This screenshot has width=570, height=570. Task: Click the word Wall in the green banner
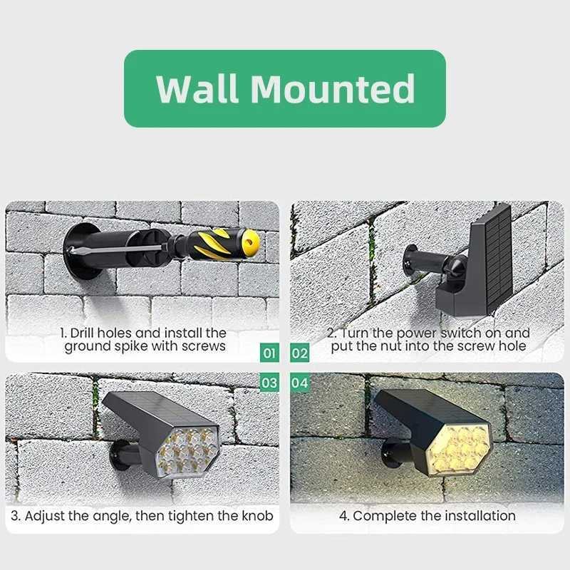[x=198, y=89]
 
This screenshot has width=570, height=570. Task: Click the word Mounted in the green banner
[x=333, y=89]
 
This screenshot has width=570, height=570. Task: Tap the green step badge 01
[x=269, y=352]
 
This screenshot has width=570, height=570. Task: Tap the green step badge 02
[x=300, y=352]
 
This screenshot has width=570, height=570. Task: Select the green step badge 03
[x=269, y=383]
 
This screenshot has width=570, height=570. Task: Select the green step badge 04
[x=300, y=383]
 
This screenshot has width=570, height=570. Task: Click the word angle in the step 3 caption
[x=109, y=515]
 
